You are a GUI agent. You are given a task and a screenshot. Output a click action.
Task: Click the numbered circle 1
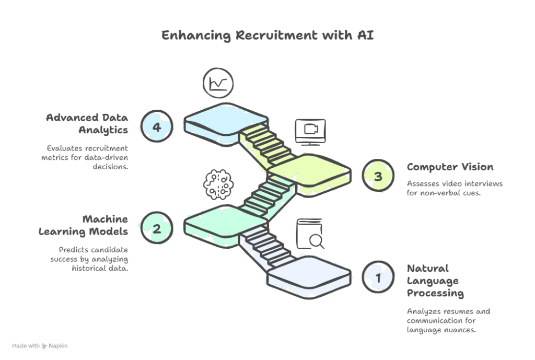(x=377, y=277)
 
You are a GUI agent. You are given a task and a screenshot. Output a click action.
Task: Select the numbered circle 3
(x=377, y=176)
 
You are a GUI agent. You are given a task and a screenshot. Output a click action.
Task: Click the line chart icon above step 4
(x=218, y=83)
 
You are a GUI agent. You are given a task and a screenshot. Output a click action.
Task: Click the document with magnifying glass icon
(x=310, y=235)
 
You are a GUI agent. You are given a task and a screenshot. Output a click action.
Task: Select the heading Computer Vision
(x=450, y=167)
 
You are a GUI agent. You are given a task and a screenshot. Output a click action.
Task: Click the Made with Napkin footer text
(x=40, y=346)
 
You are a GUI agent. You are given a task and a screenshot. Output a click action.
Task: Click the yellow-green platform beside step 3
(x=311, y=171)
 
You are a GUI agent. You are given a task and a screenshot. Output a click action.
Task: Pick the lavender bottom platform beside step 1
(x=311, y=272)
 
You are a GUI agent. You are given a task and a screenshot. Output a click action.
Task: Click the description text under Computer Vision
(x=454, y=189)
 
